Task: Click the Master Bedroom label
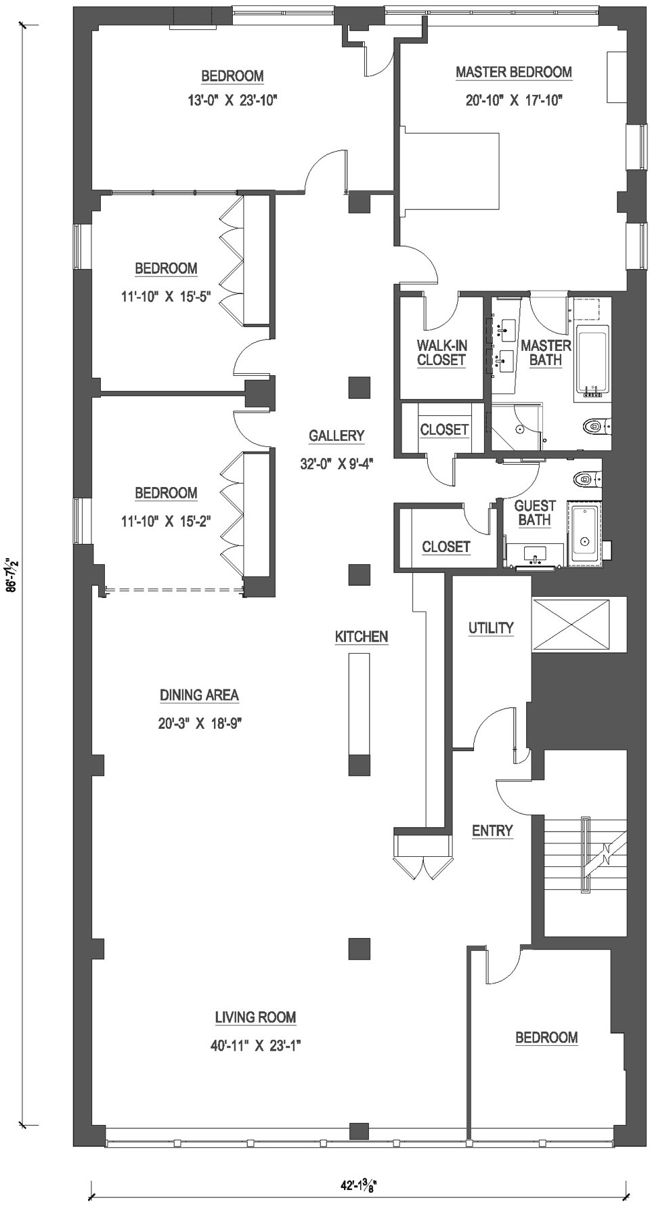point(513,72)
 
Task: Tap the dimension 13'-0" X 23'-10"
point(233,101)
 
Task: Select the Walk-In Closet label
point(441,353)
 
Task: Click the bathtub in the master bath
point(592,360)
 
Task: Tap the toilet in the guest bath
point(584,479)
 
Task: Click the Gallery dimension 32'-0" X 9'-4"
point(337,464)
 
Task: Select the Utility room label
point(491,628)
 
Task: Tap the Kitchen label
point(362,637)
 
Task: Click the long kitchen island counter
point(359,704)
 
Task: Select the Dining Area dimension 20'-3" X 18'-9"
point(200,723)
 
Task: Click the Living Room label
point(255,1017)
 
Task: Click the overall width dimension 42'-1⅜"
point(358,1185)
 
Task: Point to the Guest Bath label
point(535,513)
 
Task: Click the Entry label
point(492,831)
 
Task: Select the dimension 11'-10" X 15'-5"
point(166,296)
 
